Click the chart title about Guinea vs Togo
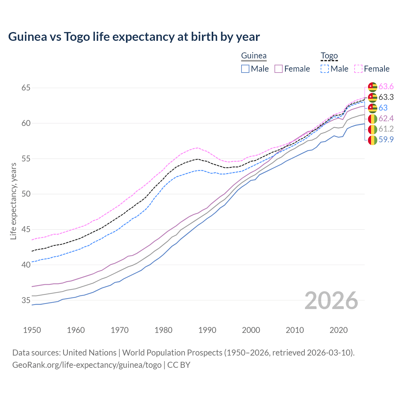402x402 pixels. (134, 37)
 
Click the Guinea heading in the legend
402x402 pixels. (254, 56)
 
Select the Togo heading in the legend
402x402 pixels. (329, 56)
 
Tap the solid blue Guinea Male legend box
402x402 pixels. (245, 69)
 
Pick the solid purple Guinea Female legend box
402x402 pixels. (279, 69)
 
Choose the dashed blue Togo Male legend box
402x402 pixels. (325, 69)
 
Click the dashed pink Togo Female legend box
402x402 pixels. (358, 69)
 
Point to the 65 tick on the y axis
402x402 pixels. (26, 88)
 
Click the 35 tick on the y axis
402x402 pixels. (26, 300)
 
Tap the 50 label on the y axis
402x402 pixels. (26, 194)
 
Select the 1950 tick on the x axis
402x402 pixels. (32, 330)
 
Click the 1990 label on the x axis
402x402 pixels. (207, 330)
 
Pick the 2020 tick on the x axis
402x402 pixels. (339, 330)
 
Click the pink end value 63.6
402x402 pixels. (386, 87)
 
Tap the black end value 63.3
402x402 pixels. (386, 97)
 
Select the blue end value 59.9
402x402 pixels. (386, 140)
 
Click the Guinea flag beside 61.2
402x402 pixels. (372, 129)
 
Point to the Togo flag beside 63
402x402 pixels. (372, 108)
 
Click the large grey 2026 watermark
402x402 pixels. (331, 301)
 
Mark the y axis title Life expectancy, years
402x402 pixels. (13, 201)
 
